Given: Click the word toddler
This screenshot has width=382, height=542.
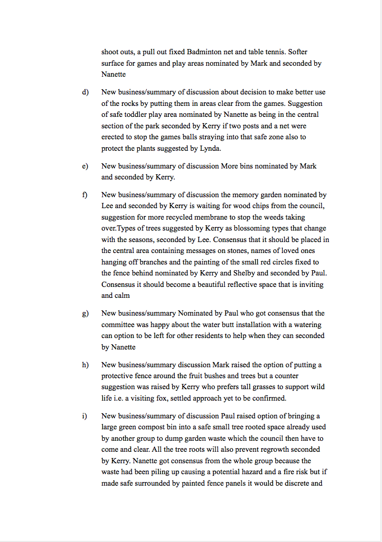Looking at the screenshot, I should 136,115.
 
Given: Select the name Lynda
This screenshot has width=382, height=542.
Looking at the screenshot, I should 209,149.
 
